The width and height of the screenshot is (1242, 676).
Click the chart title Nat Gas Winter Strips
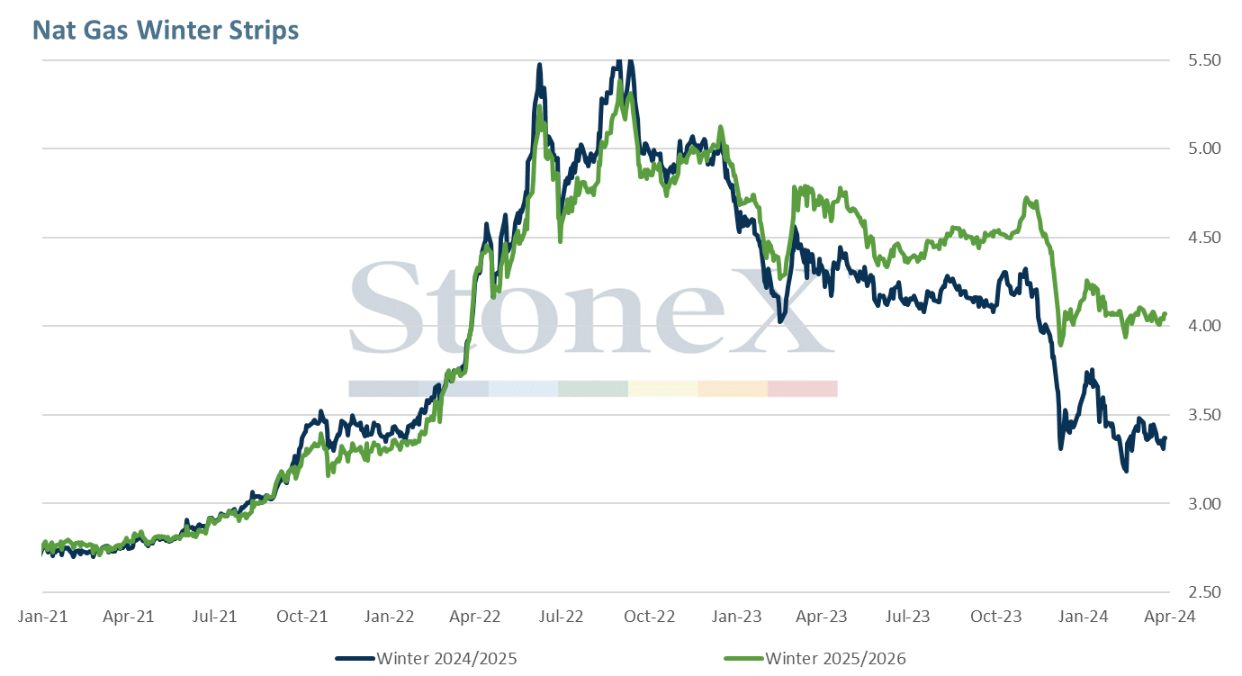point(166,30)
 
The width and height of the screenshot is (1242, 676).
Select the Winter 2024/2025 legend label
point(447,659)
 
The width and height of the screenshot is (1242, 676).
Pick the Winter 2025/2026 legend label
point(835,659)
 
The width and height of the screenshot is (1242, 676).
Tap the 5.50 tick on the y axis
point(1204,60)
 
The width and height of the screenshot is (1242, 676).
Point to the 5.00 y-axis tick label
point(1204,149)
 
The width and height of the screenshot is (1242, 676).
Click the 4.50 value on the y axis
point(1204,238)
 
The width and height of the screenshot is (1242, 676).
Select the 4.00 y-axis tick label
point(1204,326)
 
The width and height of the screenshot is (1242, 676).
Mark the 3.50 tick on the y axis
point(1204,415)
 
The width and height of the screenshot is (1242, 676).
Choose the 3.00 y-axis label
point(1204,503)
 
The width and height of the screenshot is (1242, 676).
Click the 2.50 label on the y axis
point(1204,592)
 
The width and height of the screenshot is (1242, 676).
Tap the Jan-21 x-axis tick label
point(42,617)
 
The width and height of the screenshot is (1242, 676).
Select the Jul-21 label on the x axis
point(214,617)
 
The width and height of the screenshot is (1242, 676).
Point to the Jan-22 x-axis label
point(389,617)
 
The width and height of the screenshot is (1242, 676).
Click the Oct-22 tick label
point(649,617)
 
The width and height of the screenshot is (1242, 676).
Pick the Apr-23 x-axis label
point(822,617)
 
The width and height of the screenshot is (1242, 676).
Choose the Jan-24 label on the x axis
point(1083,617)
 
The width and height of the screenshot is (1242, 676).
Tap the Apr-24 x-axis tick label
point(1170,617)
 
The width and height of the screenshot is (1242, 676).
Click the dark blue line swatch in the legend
point(355,659)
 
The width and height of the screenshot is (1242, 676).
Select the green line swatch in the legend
point(743,659)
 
